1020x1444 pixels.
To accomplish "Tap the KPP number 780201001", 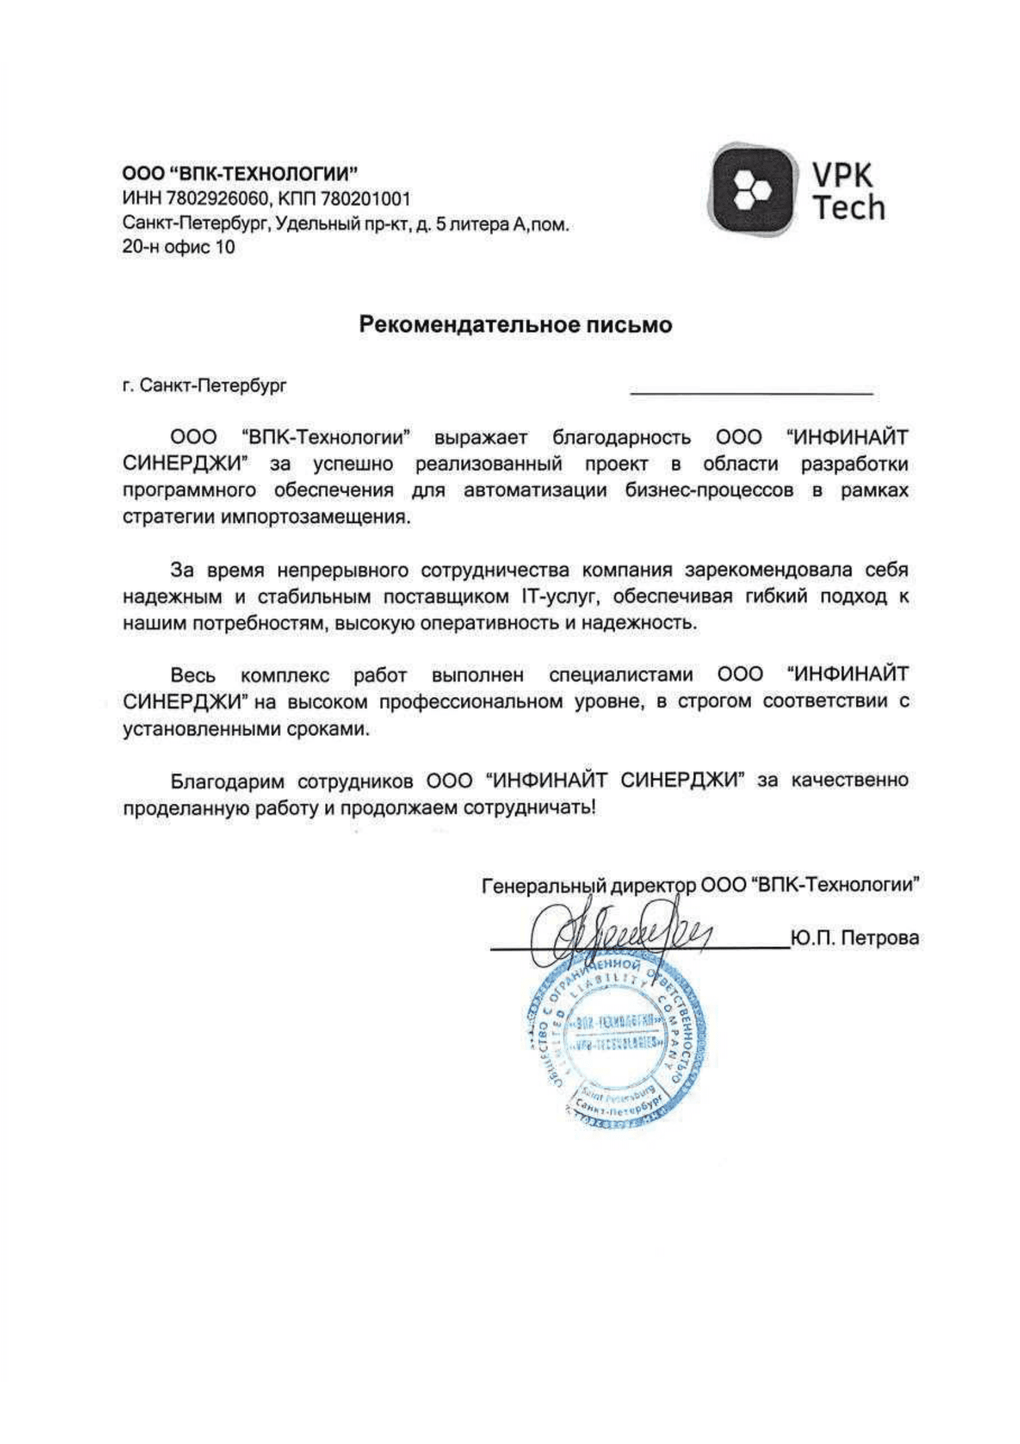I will (366, 199).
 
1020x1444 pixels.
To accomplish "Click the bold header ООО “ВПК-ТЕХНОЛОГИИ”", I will (240, 172).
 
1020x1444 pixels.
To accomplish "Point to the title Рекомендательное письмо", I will (515, 325).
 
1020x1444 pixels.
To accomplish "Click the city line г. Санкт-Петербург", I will (204, 385).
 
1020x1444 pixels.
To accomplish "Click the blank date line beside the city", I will (752, 391).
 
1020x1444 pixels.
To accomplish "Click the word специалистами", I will (621, 675).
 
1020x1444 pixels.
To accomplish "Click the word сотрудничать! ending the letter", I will (528, 808).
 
